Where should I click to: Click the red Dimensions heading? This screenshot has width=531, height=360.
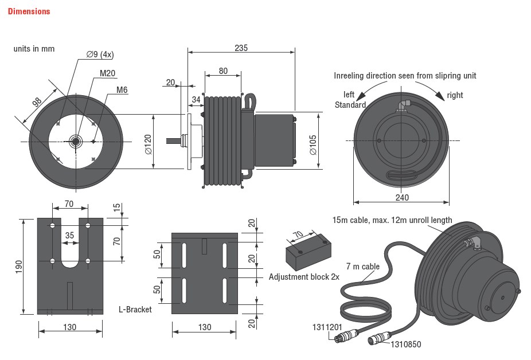point(29,11)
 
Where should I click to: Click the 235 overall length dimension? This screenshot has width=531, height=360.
point(241,48)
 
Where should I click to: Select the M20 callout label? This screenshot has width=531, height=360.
point(107,73)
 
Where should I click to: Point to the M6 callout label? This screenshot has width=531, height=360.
point(122,90)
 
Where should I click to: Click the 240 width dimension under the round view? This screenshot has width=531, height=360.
point(402,198)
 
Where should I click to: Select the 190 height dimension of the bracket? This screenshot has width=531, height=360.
point(18,265)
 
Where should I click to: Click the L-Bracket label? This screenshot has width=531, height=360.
point(135,310)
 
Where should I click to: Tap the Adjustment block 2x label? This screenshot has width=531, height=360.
point(304,277)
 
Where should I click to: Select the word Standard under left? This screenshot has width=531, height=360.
point(350,105)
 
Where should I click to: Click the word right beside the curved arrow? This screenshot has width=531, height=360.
point(455,95)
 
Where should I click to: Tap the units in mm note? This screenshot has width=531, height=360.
point(34,49)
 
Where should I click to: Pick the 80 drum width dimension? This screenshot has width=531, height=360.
point(222,72)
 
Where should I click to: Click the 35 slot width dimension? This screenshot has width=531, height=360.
point(69,235)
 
